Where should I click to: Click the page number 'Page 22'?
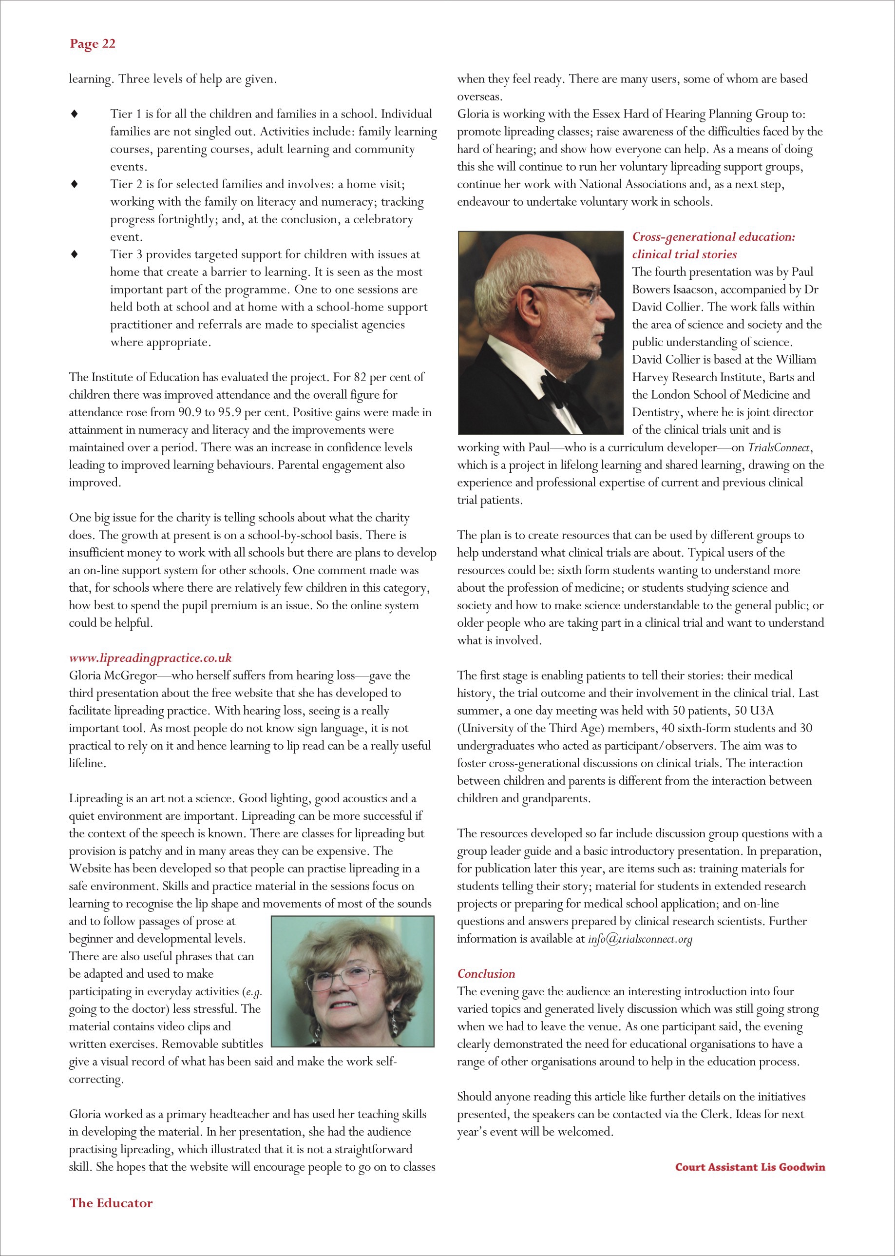pos(93,44)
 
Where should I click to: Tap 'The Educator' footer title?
pos(111,1203)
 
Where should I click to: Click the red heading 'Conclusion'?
pos(486,974)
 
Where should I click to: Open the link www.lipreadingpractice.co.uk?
pos(150,658)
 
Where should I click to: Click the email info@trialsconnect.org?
pos(640,939)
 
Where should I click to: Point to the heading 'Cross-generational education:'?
pos(714,237)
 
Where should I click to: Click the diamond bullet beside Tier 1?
pos(75,114)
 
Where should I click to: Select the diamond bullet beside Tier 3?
pos(75,255)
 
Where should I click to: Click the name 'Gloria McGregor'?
pos(113,676)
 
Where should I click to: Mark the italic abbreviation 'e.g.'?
pos(254,992)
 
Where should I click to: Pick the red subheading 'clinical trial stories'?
pos(685,255)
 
